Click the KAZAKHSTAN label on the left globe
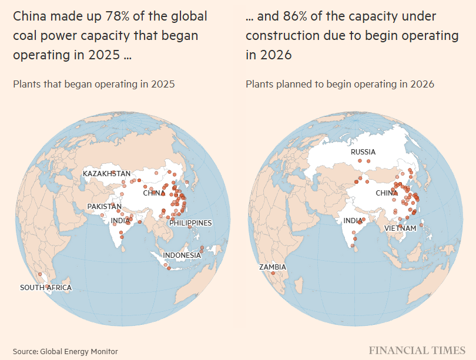tap(106, 173)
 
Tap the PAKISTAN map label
tap(105, 207)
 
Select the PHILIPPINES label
tap(190, 223)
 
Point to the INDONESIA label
tap(182, 255)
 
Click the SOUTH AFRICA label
tap(46, 288)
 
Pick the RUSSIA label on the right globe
tap(363, 152)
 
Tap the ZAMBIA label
tap(273, 267)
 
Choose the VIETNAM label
tap(400, 228)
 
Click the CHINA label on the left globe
tap(154, 193)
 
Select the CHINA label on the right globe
tap(387, 193)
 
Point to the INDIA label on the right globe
tap(353, 221)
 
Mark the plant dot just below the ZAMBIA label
tap(273, 273)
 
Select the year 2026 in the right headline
tap(276, 55)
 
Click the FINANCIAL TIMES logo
tap(417, 351)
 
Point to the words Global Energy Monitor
tap(79, 352)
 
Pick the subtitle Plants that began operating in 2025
tap(94, 84)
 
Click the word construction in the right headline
tap(283, 36)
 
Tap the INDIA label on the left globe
tap(120, 221)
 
